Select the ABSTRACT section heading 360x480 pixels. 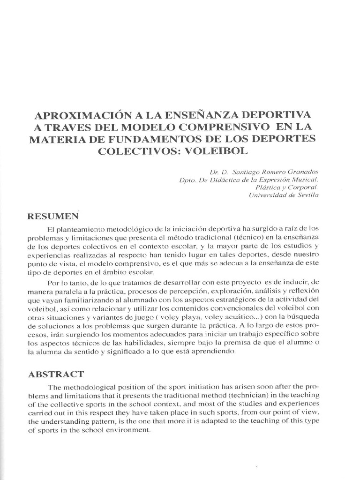pyautogui.click(x=56, y=374)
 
